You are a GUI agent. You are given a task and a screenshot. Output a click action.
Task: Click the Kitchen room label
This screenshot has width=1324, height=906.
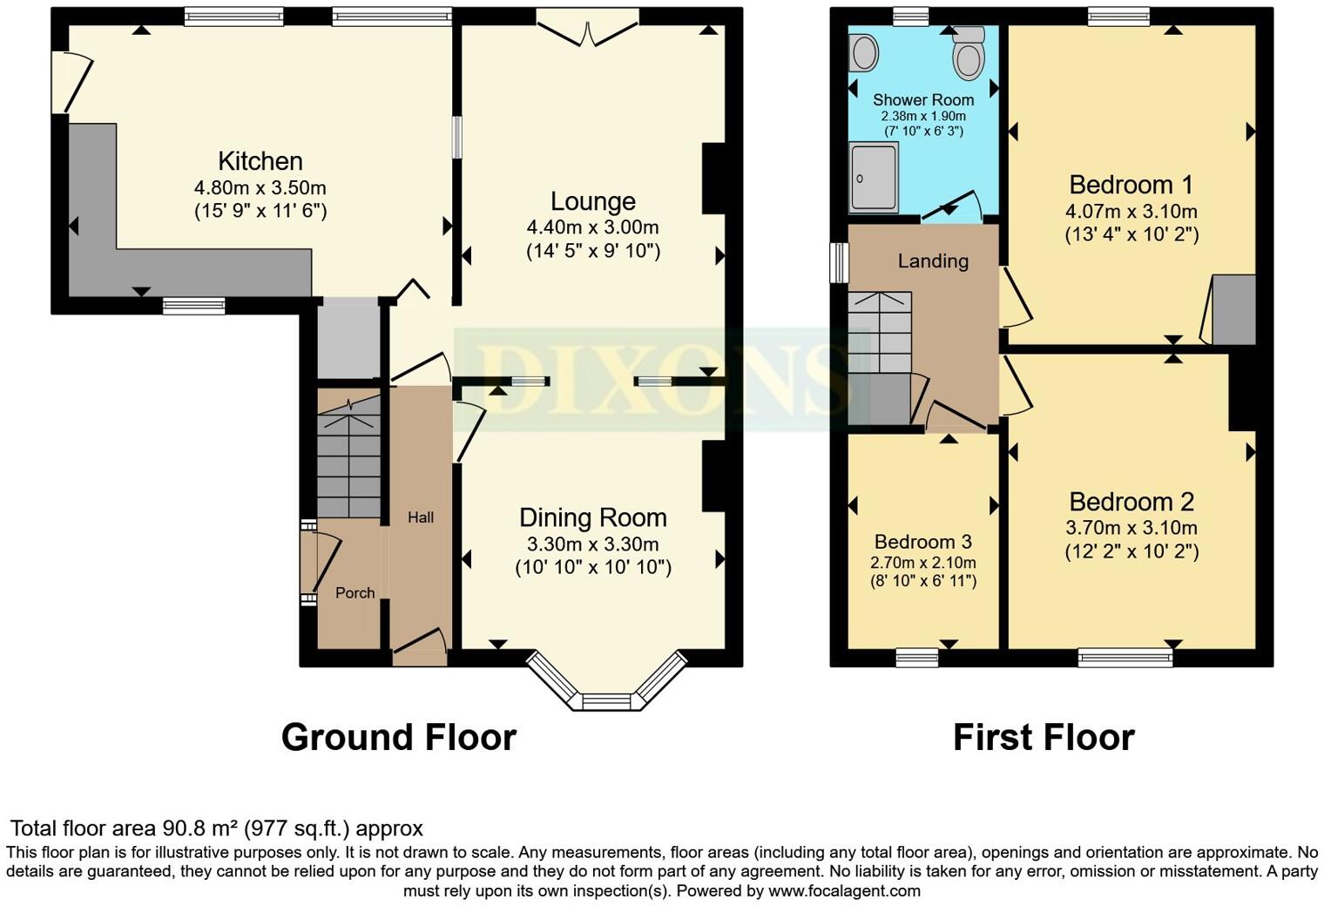[x=260, y=161]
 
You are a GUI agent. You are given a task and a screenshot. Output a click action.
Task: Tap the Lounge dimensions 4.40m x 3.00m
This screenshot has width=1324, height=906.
[x=592, y=227]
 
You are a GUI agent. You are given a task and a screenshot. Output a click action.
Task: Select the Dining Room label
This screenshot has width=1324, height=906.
[x=592, y=517]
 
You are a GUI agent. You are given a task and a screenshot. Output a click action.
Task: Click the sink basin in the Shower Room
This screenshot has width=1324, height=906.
[x=863, y=53]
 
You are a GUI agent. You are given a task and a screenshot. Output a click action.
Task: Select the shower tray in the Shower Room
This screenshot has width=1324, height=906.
[x=874, y=178]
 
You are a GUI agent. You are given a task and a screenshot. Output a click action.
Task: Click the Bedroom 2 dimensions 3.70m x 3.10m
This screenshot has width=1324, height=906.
[x=1131, y=528]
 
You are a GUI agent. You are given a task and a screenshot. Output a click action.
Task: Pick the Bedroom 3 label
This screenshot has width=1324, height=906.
[x=922, y=542]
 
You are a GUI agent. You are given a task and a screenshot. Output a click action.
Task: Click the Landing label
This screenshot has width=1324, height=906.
[x=933, y=261]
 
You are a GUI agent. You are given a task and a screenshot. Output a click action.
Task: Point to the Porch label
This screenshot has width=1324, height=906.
[x=355, y=593]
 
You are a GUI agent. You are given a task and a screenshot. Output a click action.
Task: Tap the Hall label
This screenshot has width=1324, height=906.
[x=421, y=517]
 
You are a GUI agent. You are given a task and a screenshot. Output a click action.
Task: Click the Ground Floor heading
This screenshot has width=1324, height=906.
[x=398, y=737]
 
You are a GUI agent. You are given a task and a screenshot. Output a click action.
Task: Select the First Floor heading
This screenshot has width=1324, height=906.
[x=1043, y=737]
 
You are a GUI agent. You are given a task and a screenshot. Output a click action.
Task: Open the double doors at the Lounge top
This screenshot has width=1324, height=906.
[x=588, y=30]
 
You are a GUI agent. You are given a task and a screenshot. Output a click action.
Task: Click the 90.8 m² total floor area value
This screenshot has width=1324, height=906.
[x=199, y=828]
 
